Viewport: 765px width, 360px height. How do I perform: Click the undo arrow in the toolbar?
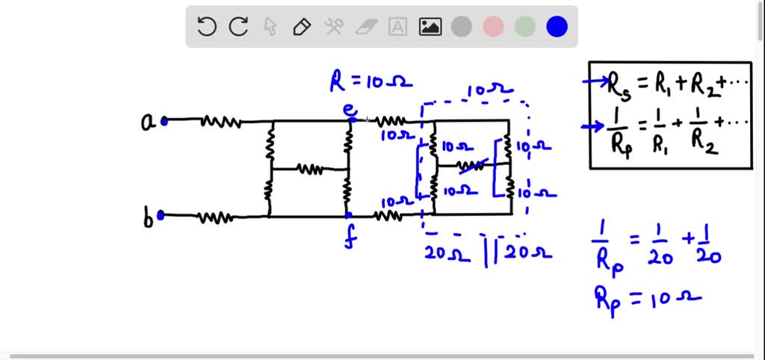[206, 28]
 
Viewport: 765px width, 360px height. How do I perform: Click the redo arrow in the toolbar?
[238, 28]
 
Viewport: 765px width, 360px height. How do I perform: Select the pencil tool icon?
[302, 28]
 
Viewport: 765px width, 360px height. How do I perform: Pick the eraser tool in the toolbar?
[365, 28]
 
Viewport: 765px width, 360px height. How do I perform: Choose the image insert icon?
[430, 28]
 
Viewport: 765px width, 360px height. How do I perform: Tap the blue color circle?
[557, 28]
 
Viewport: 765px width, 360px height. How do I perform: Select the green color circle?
[525, 28]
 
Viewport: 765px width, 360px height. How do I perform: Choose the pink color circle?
[493, 28]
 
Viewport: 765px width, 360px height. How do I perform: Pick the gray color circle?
[462, 28]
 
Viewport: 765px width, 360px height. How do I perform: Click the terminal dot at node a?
[164, 120]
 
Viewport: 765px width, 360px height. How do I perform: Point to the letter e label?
[349, 110]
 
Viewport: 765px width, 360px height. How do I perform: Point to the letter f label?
[349, 239]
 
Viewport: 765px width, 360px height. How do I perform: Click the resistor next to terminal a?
[220, 121]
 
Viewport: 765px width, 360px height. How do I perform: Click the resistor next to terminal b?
[215, 217]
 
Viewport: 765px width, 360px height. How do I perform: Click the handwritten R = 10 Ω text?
[371, 81]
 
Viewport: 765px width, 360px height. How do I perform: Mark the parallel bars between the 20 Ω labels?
[491, 252]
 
